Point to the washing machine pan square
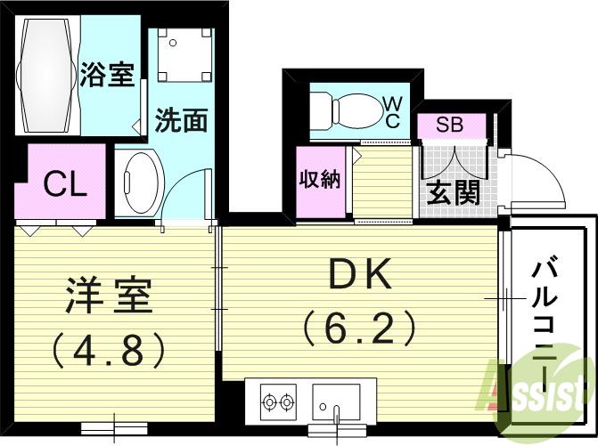click(185, 55)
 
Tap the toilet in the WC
click(342, 111)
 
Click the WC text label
click(391, 113)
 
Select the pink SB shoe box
click(450, 125)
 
